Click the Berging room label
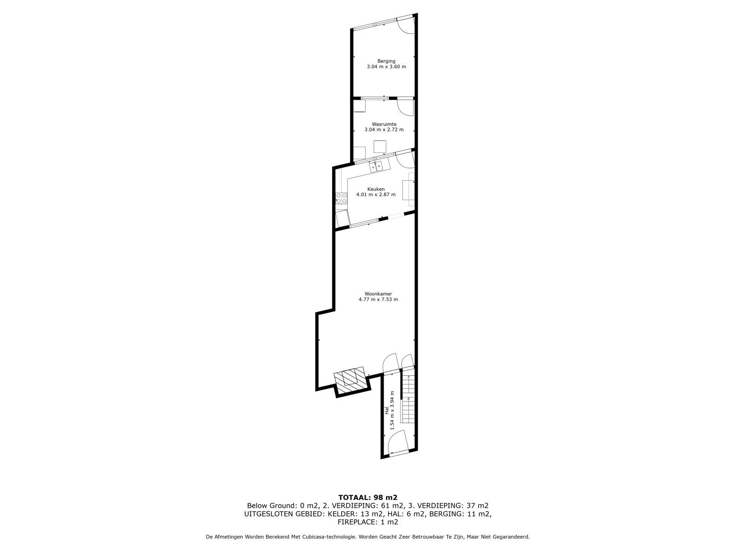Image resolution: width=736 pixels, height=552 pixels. [386, 61]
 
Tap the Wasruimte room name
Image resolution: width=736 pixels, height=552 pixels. [384, 124]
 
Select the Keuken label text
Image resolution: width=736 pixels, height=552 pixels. [376, 189]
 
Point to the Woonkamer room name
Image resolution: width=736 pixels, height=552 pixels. [378, 294]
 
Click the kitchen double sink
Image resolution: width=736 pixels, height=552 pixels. [376, 167]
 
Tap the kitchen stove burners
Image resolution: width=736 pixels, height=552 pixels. [341, 198]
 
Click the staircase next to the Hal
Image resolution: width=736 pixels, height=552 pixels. [408, 398]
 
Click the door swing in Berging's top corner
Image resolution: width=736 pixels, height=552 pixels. [406, 26]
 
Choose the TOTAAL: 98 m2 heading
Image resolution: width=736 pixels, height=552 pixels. [368, 497]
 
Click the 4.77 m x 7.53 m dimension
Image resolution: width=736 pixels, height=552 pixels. [378, 299]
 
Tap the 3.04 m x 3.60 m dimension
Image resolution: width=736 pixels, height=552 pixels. [386, 67]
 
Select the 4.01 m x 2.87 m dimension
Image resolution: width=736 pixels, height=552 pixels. [376, 195]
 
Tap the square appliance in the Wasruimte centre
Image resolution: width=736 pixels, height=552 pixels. [380, 146]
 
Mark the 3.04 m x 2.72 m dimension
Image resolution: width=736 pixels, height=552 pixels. [384, 130]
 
